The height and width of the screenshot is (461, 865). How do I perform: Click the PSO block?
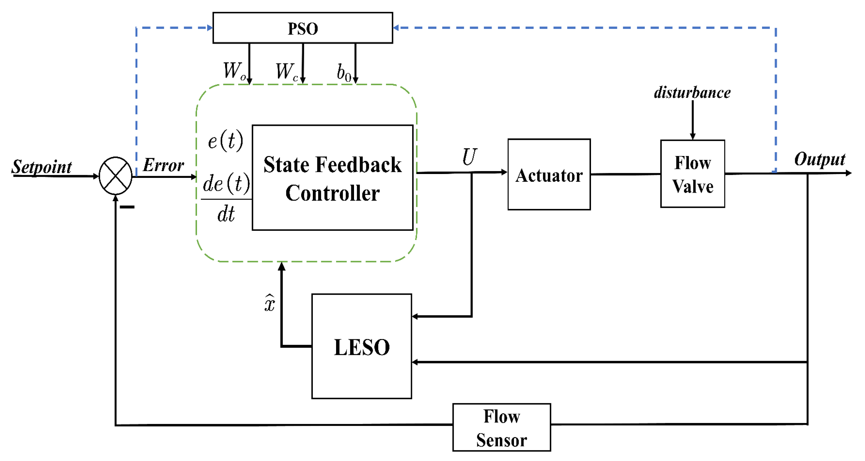click(303, 28)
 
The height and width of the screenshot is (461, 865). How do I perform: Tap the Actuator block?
click(549, 175)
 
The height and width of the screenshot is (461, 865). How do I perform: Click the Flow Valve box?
click(692, 174)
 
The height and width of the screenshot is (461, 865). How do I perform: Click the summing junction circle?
click(116, 175)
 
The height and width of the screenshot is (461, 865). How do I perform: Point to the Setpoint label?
click(42, 167)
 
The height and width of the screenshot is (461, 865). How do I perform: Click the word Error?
click(163, 165)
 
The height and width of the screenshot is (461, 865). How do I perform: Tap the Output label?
click(819, 159)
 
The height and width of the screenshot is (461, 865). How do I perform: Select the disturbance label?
click(692, 92)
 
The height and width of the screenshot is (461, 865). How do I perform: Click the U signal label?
click(469, 157)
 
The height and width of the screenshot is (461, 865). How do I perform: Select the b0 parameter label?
click(344, 73)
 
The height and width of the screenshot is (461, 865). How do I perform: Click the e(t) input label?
click(225, 141)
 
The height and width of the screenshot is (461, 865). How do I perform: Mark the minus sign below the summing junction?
click(127, 207)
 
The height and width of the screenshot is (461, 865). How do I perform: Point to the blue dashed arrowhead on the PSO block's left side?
click(210, 28)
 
